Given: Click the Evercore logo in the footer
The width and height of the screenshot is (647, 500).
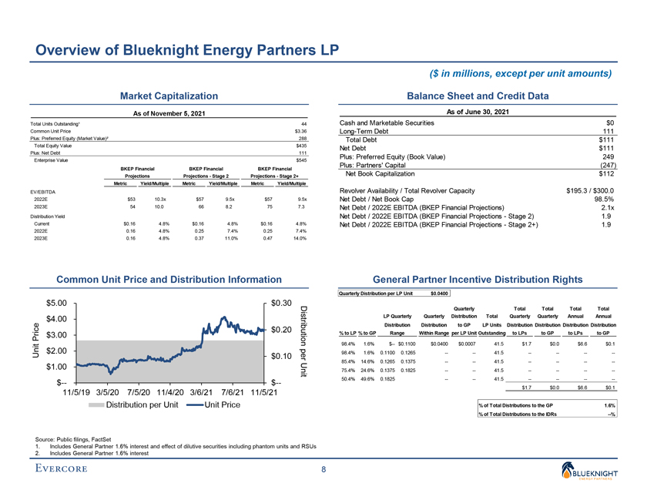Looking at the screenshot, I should (68, 469).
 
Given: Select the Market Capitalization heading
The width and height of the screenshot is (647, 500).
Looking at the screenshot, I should (167, 96).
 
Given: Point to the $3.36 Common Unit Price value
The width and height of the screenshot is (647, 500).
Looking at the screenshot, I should (300, 131).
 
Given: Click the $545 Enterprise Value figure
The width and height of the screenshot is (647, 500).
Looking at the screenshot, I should (301, 160).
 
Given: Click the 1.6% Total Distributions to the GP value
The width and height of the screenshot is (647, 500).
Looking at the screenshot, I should (609, 405).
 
